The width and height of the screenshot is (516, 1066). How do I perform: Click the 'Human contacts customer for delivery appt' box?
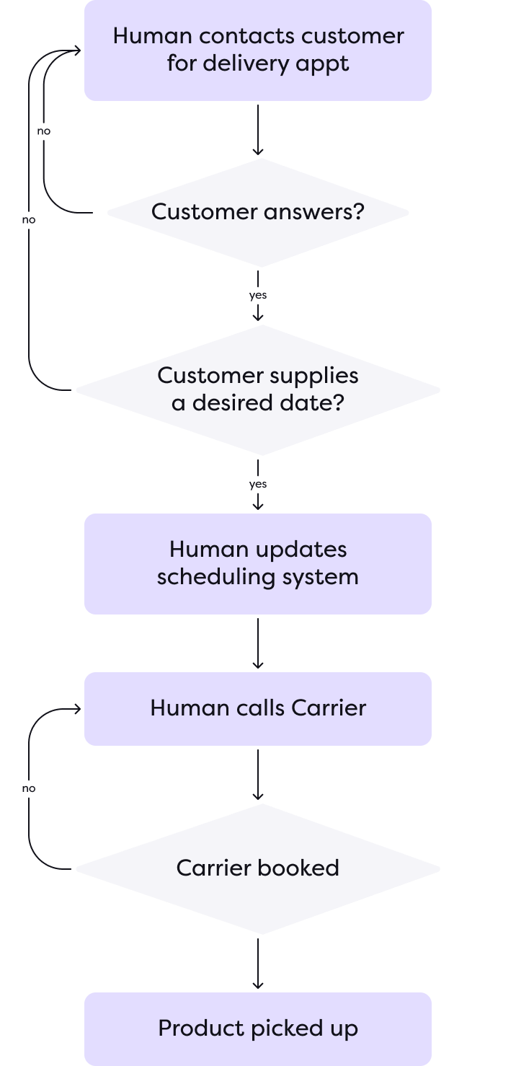[x=257, y=50]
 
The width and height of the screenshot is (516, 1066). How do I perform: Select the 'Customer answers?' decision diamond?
[x=257, y=212]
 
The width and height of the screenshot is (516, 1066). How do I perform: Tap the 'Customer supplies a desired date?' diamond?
[x=257, y=389]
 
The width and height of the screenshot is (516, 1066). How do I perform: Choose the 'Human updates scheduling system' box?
[x=257, y=563]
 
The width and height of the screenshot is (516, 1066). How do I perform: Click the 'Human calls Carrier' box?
[x=257, y=708]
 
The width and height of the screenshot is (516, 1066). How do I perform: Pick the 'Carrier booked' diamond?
[x=257, y=868]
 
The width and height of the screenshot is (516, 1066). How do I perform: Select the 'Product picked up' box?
[x=257, y=1028]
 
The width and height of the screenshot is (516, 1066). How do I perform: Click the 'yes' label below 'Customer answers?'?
[x=257, y=296]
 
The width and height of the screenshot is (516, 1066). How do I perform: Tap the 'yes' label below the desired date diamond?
[x=257, y=485]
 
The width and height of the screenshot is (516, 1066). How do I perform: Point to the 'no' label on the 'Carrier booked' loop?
[x=29, y=788]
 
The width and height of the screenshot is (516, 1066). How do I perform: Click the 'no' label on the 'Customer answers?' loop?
[x=44, y=132]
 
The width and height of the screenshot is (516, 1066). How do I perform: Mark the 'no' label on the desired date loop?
[x=29, y=220]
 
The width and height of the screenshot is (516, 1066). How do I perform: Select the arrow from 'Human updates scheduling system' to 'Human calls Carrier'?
[x=257, y=643]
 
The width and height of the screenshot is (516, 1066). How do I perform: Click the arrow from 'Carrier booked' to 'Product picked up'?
[x=257, y=963]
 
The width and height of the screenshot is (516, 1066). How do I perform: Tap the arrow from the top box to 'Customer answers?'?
[x=257, y=129]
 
